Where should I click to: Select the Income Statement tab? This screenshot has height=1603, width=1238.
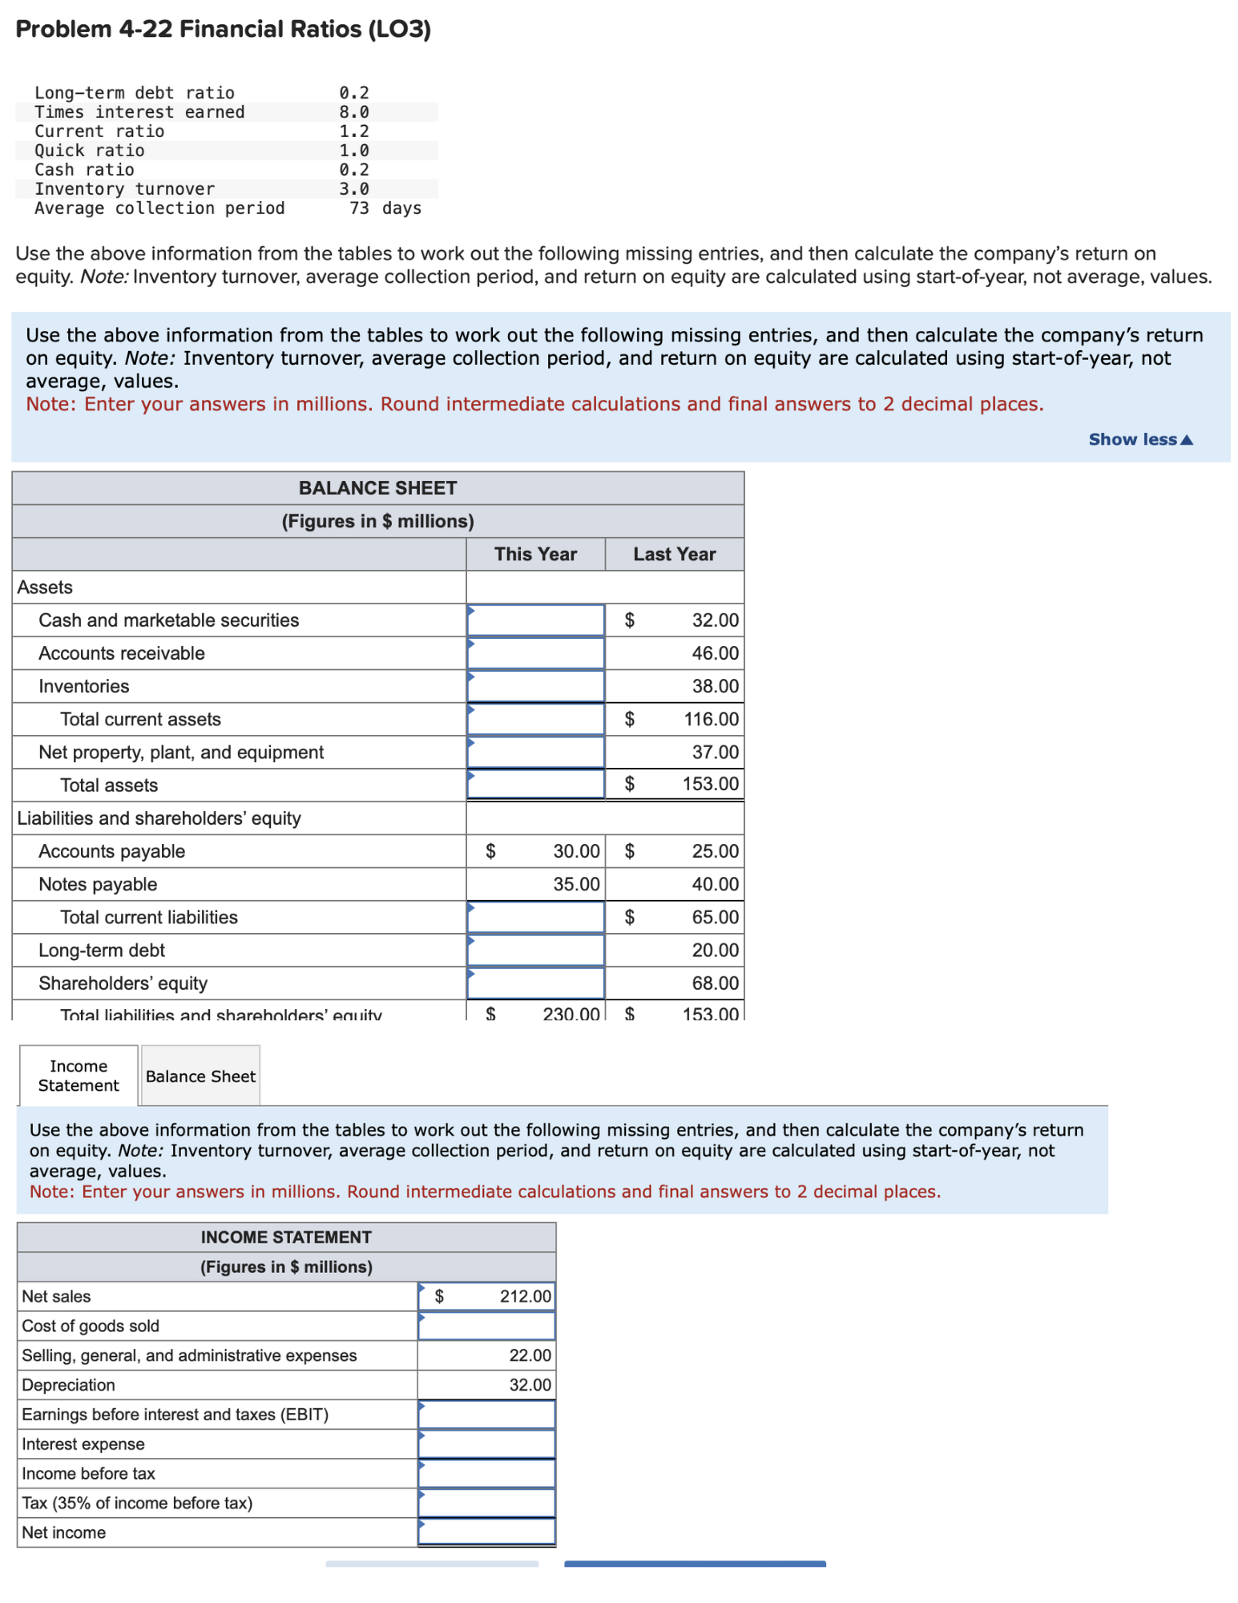79,1076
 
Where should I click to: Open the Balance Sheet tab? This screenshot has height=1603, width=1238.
200,1076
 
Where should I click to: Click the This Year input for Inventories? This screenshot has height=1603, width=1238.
535,686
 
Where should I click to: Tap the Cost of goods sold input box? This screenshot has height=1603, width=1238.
486,1326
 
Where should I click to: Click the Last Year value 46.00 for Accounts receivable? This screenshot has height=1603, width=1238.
715,653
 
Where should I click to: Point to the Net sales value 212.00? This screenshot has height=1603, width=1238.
525,1296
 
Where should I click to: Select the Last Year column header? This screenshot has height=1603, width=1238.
674,554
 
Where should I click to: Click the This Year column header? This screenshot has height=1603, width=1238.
535,554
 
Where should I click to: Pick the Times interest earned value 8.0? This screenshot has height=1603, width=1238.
353,112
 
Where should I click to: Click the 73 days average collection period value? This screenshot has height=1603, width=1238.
385,208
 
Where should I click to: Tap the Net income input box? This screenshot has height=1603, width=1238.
486,1532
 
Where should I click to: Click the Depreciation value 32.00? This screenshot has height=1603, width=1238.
530,1384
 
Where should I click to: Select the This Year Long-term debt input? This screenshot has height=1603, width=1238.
535,950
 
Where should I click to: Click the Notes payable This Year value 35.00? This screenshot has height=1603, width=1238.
576,884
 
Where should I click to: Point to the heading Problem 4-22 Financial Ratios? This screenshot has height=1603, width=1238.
223,29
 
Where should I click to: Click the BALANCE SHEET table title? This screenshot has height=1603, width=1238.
377,488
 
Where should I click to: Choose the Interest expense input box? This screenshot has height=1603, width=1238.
486,1444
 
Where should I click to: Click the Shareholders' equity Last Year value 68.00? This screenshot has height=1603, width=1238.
715,983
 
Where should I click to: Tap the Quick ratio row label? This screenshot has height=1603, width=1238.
90,151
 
